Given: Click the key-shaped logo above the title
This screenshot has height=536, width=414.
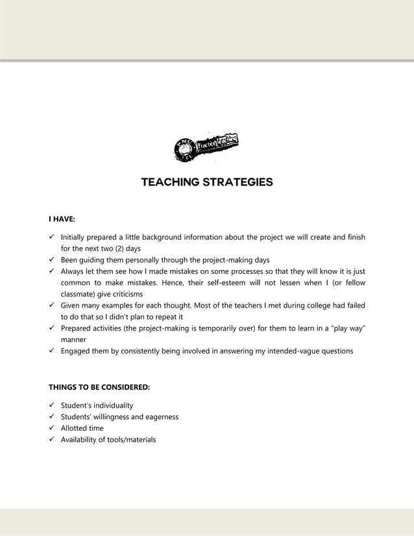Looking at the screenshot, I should pyautogui.click(x=206, y=147).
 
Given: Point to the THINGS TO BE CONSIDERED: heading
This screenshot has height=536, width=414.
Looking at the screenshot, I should pyautogui.click(x=99, y=387).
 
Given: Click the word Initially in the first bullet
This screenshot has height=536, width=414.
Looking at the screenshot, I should pyautogui.click(x=77, y=237).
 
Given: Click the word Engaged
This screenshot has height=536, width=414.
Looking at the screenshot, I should pyautogui.click(x=77, y=351).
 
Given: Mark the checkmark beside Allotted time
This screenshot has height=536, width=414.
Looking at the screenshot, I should pyautogui.click(x=52, y=428).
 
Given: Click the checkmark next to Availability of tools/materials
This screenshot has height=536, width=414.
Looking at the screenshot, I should pyautogui.click(x=52, y=440).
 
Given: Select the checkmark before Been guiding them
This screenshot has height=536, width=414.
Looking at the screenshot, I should pyautogui.click(x=52, y=260).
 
